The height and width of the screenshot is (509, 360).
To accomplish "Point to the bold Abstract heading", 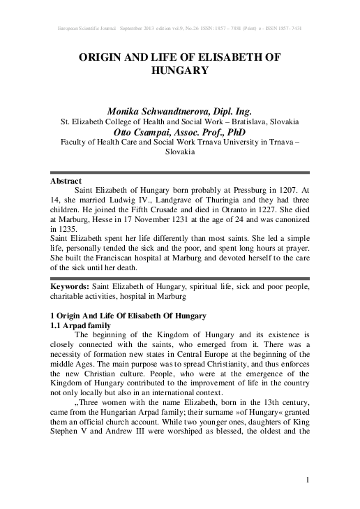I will (x=66, y=181).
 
